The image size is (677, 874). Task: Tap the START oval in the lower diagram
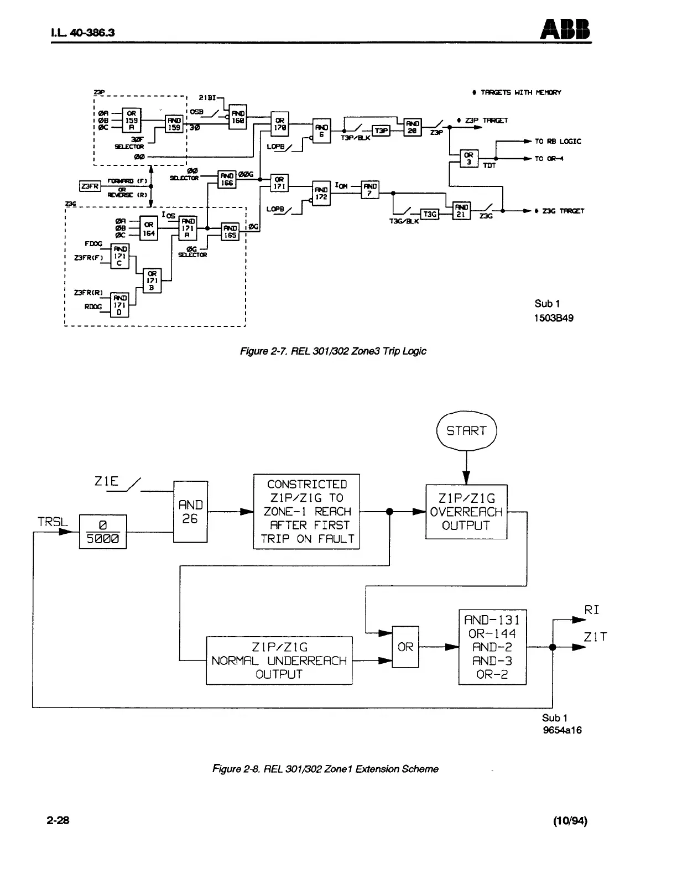466,431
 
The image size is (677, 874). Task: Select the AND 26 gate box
190,512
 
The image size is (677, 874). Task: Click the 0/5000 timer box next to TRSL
103,532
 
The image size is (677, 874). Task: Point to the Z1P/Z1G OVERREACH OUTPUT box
466,512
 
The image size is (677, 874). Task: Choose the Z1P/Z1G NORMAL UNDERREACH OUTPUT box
279,660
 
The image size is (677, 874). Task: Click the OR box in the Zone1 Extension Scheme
405,647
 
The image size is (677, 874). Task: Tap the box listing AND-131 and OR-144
492,647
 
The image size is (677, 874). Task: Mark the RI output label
592,610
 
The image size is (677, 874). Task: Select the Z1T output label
595,637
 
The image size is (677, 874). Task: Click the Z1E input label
107,481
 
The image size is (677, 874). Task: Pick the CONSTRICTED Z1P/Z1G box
306,512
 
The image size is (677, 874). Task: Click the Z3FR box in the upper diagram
90,186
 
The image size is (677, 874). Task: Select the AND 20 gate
413,127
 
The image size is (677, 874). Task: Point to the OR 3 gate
468,159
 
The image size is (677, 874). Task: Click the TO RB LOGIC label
558,142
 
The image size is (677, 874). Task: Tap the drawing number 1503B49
554,318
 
